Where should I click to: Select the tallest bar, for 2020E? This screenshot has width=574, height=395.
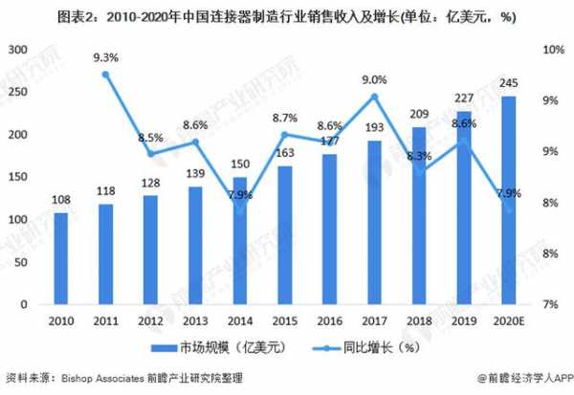click(509, 200)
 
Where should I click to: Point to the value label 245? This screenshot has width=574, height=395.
click(509, 84)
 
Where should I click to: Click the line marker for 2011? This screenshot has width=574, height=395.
click(105, 75)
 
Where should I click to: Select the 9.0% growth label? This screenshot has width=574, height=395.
click(374, 79)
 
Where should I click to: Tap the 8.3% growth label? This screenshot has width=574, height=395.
click(417, 155)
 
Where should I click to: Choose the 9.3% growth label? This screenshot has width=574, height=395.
click(105, 57)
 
